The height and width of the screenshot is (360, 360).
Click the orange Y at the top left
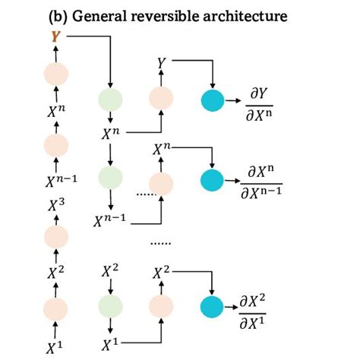54,36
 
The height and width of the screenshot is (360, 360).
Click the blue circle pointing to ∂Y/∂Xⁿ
213,99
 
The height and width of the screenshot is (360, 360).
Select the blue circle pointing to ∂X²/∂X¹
213,305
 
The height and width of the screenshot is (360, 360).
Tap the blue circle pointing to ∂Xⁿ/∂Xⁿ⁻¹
213,180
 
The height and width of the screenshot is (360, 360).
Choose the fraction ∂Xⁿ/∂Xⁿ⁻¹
267,182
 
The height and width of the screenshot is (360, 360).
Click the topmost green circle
111,99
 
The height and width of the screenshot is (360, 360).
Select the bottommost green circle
111,305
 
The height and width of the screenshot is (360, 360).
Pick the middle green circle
111,177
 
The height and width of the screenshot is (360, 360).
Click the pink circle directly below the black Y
162,98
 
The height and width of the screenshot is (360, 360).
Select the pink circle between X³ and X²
54,236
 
